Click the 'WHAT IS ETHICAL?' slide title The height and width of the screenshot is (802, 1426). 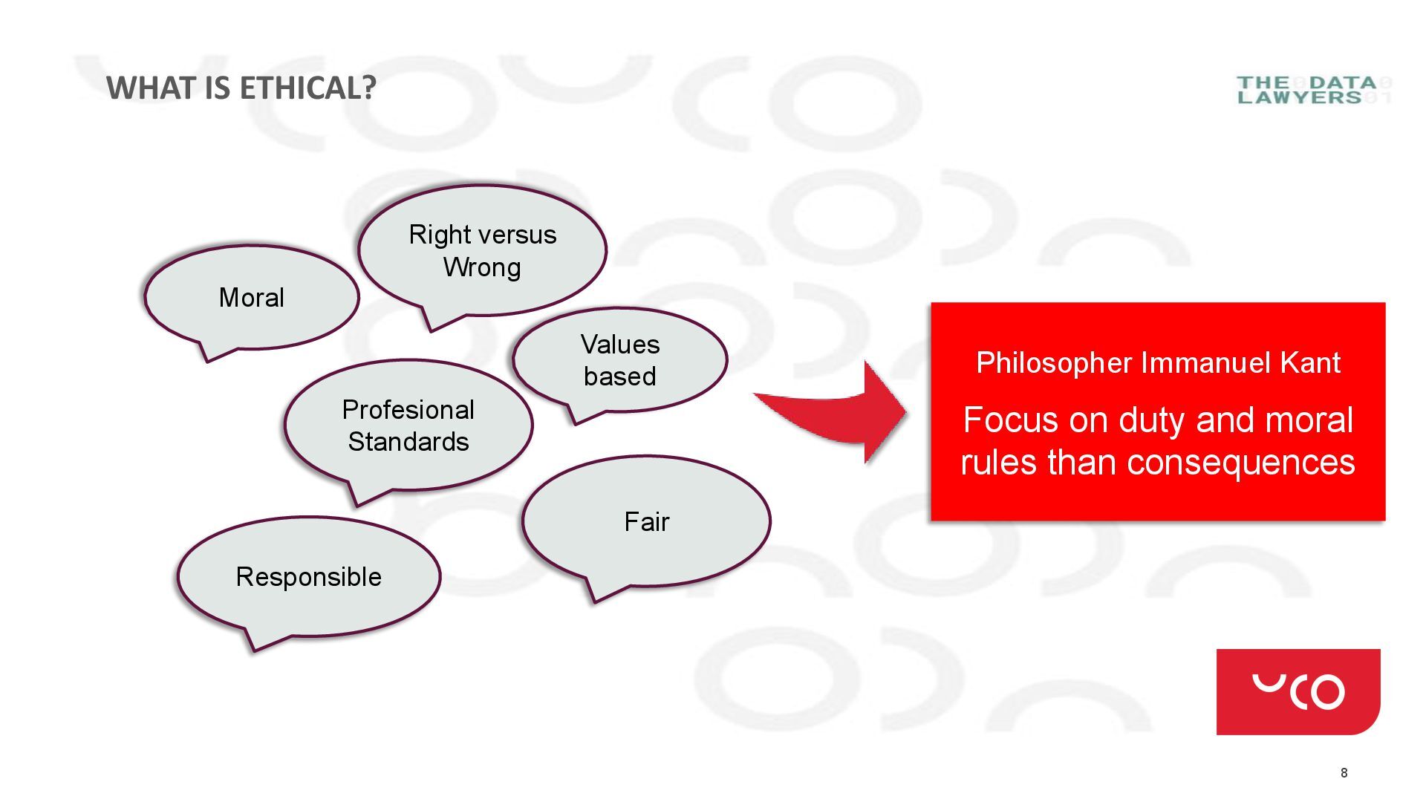[241, 88]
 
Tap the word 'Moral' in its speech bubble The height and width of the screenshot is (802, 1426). [251, 298]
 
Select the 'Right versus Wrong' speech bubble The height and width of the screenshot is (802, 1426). [482, 250]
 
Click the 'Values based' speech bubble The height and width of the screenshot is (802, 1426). [619, 360]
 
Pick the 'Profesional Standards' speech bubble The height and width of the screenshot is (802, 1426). [408, 426]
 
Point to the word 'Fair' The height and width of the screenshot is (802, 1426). [646, 522]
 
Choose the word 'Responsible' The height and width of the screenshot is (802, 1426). [308, 577]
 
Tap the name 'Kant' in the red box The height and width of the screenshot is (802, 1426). [1310, 363]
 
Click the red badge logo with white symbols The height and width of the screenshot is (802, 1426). [1298, 691]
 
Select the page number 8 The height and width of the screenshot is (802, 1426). [1344, 773]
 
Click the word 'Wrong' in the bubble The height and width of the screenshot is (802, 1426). [482, 267]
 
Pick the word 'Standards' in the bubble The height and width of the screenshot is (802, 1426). [408, 443]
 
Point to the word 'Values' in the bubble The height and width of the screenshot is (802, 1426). [619, 345]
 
